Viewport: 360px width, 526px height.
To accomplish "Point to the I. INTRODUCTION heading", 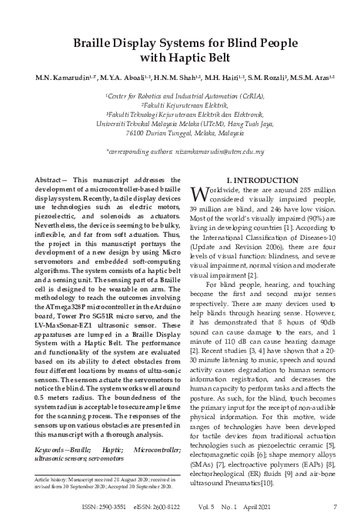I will [262, 178].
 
